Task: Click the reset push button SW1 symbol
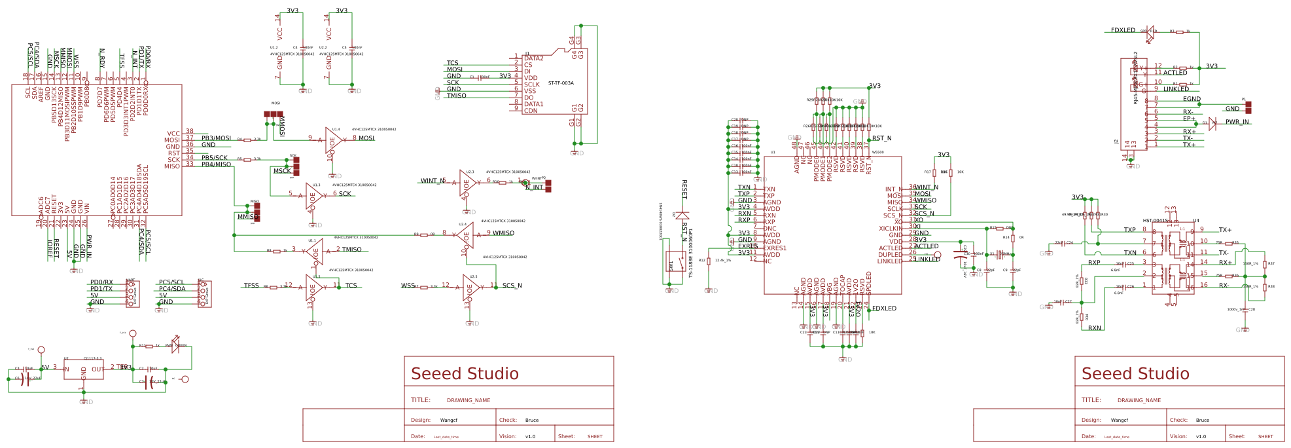point(672,261)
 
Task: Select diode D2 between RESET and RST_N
point(682,215)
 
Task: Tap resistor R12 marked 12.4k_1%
point(709,261)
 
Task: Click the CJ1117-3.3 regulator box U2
point(83,369)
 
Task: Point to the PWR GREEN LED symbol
point(175,346)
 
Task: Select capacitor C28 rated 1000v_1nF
point(1245,310)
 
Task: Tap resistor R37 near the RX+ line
point(1264,264)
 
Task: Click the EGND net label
point(1192,99)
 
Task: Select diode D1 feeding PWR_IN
point(1212,122)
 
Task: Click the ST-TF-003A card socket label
point(561,83)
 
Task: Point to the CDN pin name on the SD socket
point(531,111)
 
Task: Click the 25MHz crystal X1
point(999,254)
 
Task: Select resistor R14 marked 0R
point(1012,238)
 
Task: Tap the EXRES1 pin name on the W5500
point(775,248)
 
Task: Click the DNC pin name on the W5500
point(769,229)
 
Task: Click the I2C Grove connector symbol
point(203,293)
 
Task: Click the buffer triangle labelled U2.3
point(467,183)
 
